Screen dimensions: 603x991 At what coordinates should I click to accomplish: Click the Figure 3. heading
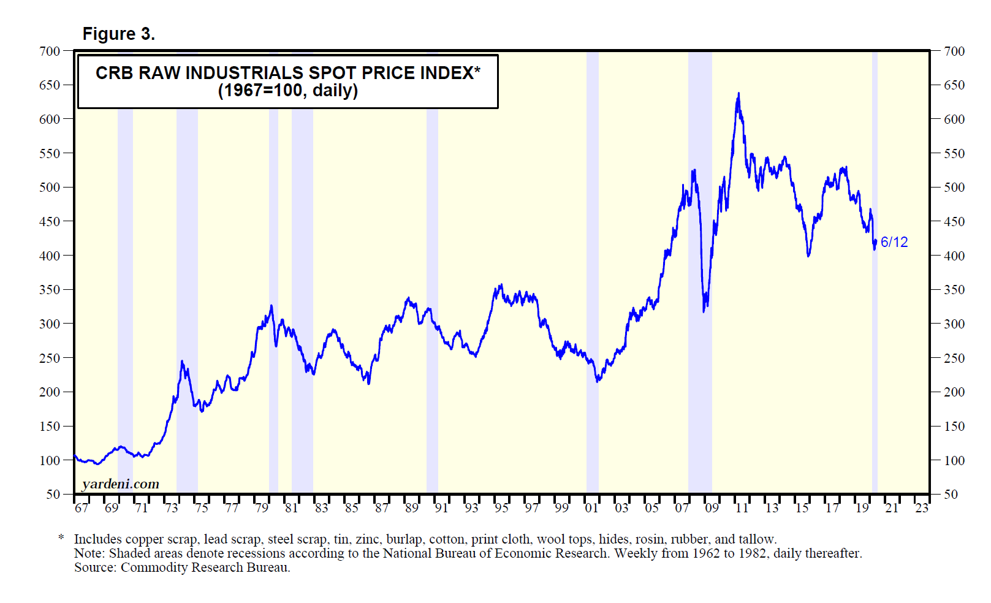(x=118, y=34)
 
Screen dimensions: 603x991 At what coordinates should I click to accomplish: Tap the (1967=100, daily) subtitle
(x=287, y=91)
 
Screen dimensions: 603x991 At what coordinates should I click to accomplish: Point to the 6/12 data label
(x=894, y=242)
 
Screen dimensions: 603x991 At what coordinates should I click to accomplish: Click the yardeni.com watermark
(x=120, y=484)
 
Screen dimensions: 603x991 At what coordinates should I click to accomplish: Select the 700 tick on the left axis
(x=50, y=51)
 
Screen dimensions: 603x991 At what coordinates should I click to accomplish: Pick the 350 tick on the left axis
(x=50, y=290)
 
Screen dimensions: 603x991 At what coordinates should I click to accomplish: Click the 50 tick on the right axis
(x=951, y=495)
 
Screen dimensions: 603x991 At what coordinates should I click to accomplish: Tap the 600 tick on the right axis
(x=954, y=119)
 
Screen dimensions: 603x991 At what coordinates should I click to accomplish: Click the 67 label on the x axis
(x=82, y=508)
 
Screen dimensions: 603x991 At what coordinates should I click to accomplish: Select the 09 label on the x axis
(x=712, y=508)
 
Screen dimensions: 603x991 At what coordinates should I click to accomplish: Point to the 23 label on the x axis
(x=922, y=508)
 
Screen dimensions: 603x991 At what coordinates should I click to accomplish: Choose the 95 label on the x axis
(x=501, y=508)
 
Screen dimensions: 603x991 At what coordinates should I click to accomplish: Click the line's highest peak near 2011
(x=739, y=94)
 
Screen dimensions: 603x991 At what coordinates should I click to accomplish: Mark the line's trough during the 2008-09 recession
(x=704, y=311)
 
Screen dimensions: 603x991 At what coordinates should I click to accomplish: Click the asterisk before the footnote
(x=61, y=538)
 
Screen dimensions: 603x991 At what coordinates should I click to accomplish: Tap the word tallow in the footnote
(x=757, y=539)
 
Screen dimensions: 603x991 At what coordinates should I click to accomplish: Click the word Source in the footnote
(x=94, y=567)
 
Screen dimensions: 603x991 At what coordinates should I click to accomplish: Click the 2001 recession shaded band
(x=592, y=276)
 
